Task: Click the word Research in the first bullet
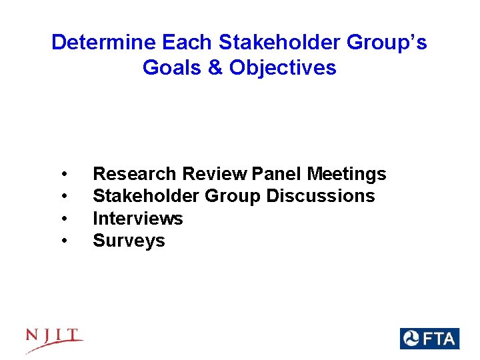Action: [x=135, y=174]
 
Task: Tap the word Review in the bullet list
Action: [x=215, y=174]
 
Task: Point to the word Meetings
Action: [x=347, y=174]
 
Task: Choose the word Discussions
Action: [x=321, y=196]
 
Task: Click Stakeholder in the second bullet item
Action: [x=145, y=196]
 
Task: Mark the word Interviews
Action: [x=137, y=218]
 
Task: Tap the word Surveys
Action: [x=129, y=241]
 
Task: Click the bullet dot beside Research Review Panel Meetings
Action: [x=63, y=175]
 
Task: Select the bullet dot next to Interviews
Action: [x=63, y=219]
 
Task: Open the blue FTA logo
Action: [x=429, y=339]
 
